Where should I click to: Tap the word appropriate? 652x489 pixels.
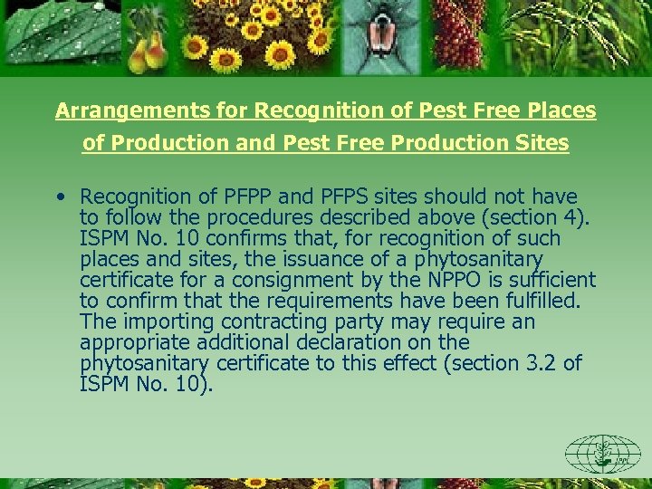point(128,342)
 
